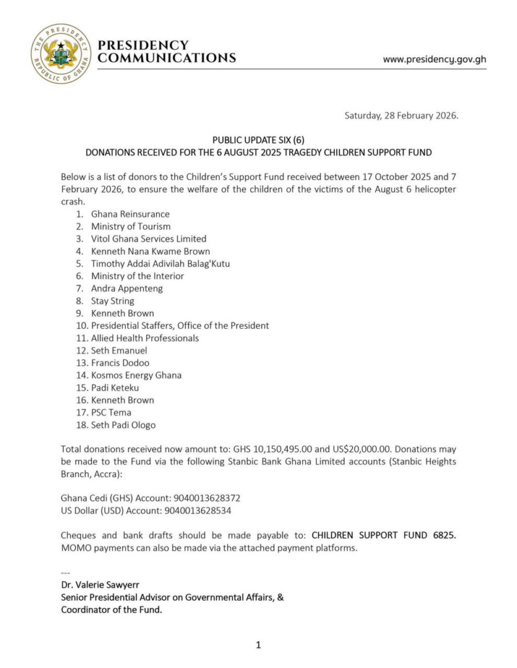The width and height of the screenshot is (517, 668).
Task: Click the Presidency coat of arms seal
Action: click(x=61, y=53)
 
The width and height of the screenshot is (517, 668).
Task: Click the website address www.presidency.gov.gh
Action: click(x=434, y=59)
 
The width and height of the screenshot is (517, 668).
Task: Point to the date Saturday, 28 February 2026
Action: click(x=401, y=115)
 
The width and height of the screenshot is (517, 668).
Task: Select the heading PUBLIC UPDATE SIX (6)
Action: click(x=258, y=140)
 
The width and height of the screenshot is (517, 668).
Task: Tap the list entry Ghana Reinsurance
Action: click(x=130, y=214)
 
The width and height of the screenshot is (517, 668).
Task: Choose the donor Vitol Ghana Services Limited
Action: click(x=148, y=239)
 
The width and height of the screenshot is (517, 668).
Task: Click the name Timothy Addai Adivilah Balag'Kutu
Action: click(x=160, y=264)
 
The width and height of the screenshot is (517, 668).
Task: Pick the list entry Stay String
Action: click(x=112, y=301)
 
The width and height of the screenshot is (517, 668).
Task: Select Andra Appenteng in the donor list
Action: click(x=127, y=288)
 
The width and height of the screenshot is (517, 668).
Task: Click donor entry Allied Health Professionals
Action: click(x=145, y=338)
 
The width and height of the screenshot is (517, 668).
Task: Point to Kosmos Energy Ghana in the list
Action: click(x=136, y=375)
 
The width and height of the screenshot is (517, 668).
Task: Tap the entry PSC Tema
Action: click(x=111, y=412)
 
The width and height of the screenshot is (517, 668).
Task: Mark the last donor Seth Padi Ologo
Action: click(x=123, y=425)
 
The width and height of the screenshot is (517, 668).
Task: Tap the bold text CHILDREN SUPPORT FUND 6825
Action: click(x=384, y=535)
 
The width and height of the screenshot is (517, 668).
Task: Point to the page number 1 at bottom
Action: click(x=258, y=645)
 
